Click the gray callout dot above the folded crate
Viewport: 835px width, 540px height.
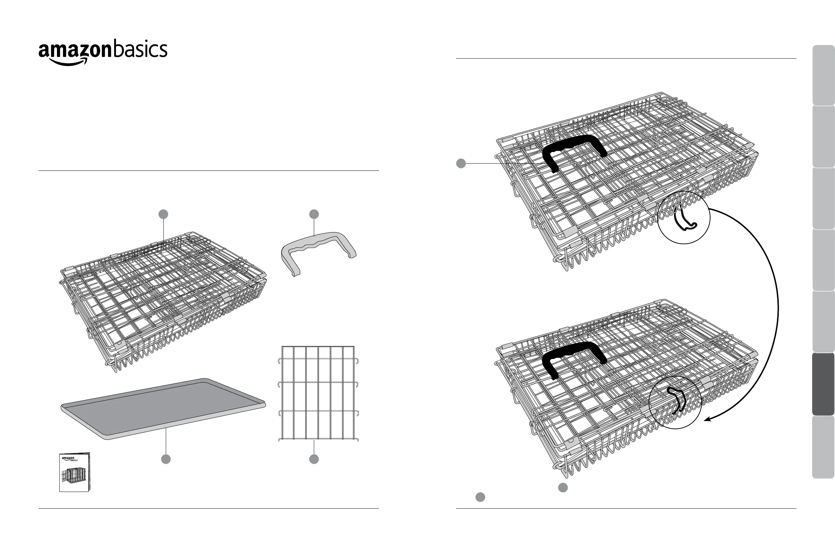[163, 214]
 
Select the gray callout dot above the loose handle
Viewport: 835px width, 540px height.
[314, 214]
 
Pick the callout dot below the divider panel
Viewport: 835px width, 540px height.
[314, 459]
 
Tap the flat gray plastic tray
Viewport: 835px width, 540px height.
[163, 408]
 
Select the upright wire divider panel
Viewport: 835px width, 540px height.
[318, 393]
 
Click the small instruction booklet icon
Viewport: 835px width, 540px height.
[74, 472]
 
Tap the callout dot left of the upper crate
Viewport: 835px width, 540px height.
[461, 163]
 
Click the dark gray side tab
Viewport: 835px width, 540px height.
[823, 384]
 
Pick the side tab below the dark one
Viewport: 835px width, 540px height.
[823, 447]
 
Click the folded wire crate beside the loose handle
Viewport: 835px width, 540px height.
[163, 302]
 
